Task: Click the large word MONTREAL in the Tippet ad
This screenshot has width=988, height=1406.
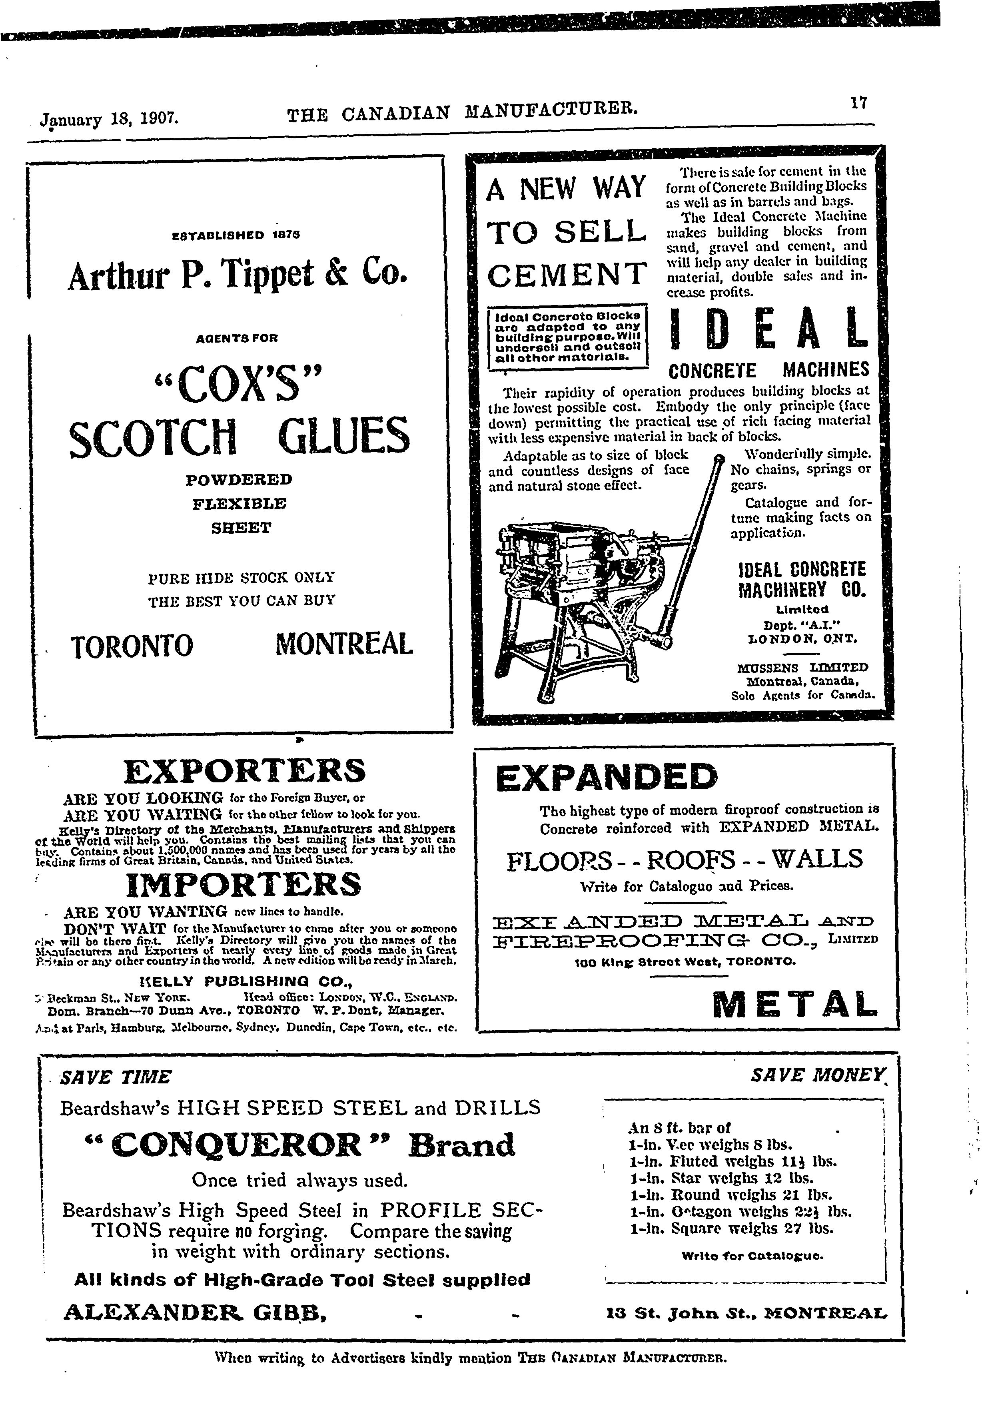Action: click(344, 644)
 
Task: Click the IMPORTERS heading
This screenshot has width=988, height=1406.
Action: click(243, 885)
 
